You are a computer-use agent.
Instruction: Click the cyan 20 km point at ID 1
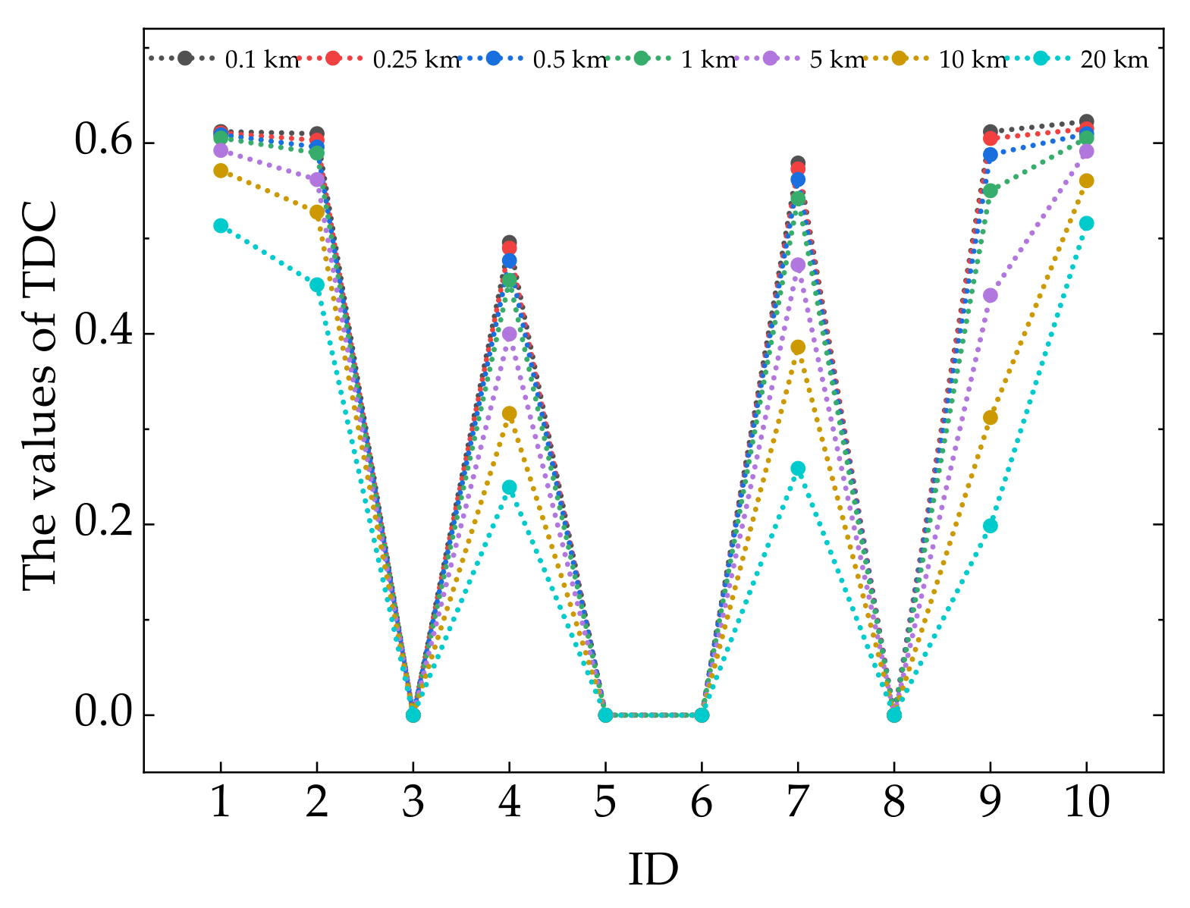tap(221, 225)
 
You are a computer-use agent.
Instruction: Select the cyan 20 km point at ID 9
tap(990, 526)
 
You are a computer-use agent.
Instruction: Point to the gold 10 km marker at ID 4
tap(509, 413)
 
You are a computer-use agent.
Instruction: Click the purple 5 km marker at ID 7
tap(798, 265)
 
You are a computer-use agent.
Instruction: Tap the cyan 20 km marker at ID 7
tap(798, 469)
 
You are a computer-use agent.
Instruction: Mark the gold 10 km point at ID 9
tap(990, 417)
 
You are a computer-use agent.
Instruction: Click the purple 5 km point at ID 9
tap(990, 295)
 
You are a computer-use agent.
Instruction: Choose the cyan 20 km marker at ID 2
tap(317, 284)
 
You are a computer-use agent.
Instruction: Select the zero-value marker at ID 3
tap(413, 715)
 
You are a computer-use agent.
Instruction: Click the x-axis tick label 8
tap(893, 802)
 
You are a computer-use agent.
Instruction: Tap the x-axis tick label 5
tap(605, 802)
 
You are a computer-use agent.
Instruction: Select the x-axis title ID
tap(653, 870)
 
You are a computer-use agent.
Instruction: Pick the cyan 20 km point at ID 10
tap(1086, 223)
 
